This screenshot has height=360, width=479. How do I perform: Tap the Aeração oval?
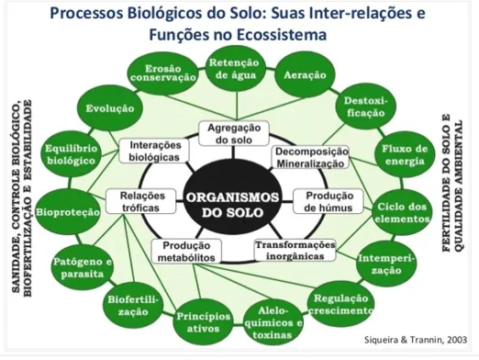coord(303,73)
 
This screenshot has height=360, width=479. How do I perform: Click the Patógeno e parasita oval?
coord(81,267)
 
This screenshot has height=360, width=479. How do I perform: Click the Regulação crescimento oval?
coord(341,304)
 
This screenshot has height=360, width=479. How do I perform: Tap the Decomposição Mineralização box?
coord(310,156)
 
